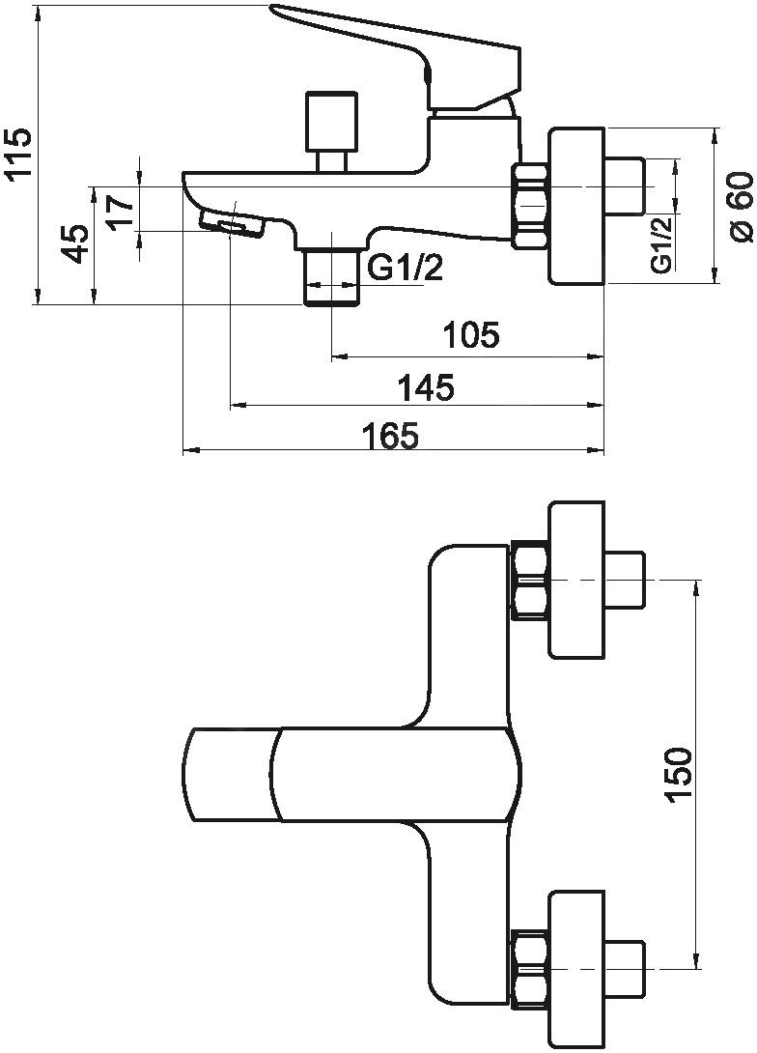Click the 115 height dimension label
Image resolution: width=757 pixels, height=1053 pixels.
(17, 153)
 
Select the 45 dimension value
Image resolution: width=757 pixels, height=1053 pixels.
(75, 244)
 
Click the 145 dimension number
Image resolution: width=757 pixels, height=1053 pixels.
(426, 388)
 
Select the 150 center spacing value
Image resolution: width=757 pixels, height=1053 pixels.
(678, 775)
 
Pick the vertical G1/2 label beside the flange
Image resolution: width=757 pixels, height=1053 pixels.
(661, 244)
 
